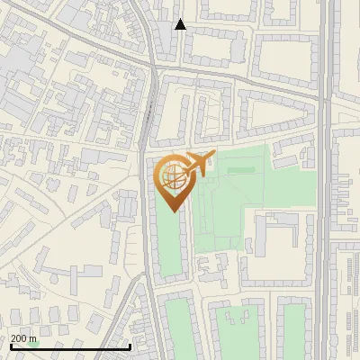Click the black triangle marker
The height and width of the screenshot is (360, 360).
180,24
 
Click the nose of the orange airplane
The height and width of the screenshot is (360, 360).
213,156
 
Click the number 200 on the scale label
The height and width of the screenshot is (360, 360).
20,338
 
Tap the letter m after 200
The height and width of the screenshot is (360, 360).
34,338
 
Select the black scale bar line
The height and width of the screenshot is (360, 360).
70,346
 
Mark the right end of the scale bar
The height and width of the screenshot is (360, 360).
130,346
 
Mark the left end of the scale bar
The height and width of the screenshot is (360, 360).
10,346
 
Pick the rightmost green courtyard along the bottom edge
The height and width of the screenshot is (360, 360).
293,328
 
